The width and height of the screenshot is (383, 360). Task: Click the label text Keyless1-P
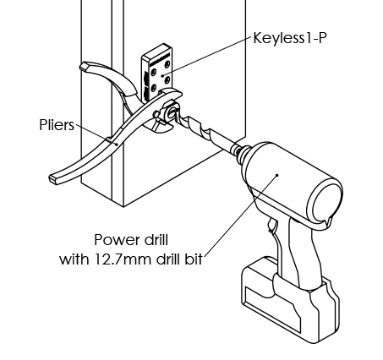tap(290, 38)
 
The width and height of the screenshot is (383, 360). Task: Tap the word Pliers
tap(57, 125)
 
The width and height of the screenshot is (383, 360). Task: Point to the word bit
tap(194, 259)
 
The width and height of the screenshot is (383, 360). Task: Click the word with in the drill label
tap(74, 259)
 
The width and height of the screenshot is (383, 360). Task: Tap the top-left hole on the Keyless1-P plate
tap(154, 73)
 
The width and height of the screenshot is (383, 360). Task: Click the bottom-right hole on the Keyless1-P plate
tap(167, 80)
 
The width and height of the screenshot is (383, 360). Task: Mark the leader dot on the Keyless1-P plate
tap(162, 75)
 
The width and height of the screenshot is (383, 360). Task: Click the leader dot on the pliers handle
tap(117, 145)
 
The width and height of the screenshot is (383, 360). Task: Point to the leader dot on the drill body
tap(277, 175)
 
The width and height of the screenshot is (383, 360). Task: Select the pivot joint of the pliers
tap(156, 114)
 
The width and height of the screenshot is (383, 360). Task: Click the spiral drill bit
tap(203, 130)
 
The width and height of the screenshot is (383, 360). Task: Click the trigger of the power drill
tap(272, 226)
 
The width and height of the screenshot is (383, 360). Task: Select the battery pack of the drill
tap(290, 298)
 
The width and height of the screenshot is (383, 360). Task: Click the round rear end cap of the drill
tap(326, 201)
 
